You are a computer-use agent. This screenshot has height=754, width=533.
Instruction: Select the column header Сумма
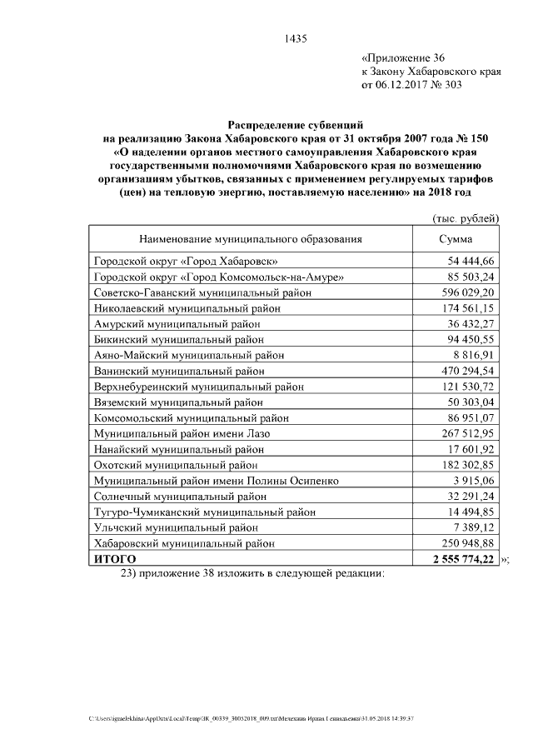coord(456,239)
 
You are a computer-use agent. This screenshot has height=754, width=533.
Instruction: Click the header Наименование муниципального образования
coord(251,239)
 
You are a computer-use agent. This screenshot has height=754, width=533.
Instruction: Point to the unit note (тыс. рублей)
coord(465,218)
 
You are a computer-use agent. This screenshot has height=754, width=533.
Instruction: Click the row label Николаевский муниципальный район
coord(187,307)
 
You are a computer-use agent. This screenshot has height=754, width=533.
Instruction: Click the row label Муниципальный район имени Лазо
coord(182,434)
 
